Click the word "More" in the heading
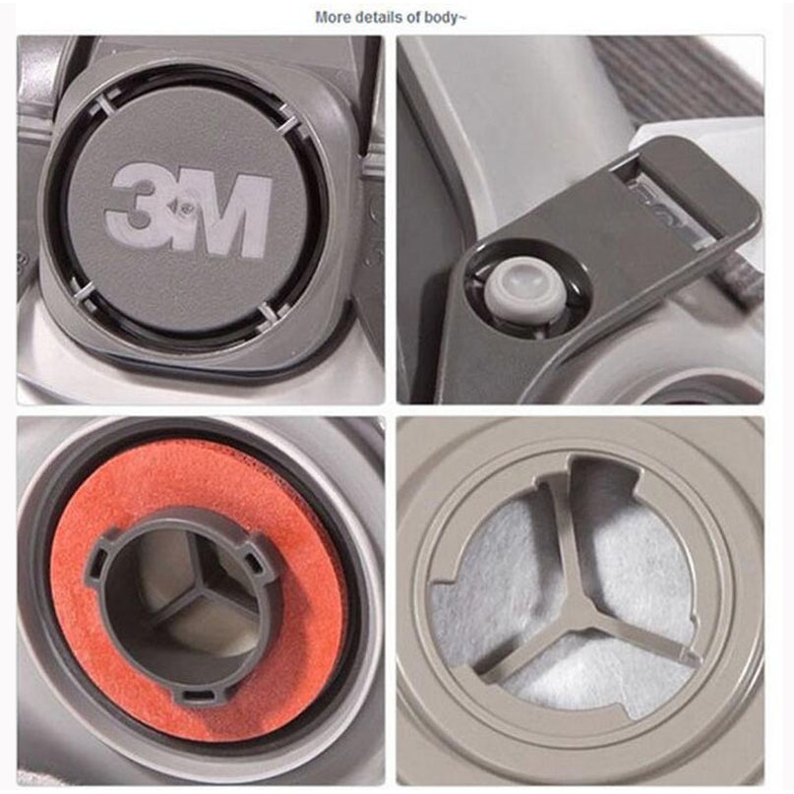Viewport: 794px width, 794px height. [334, 17]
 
